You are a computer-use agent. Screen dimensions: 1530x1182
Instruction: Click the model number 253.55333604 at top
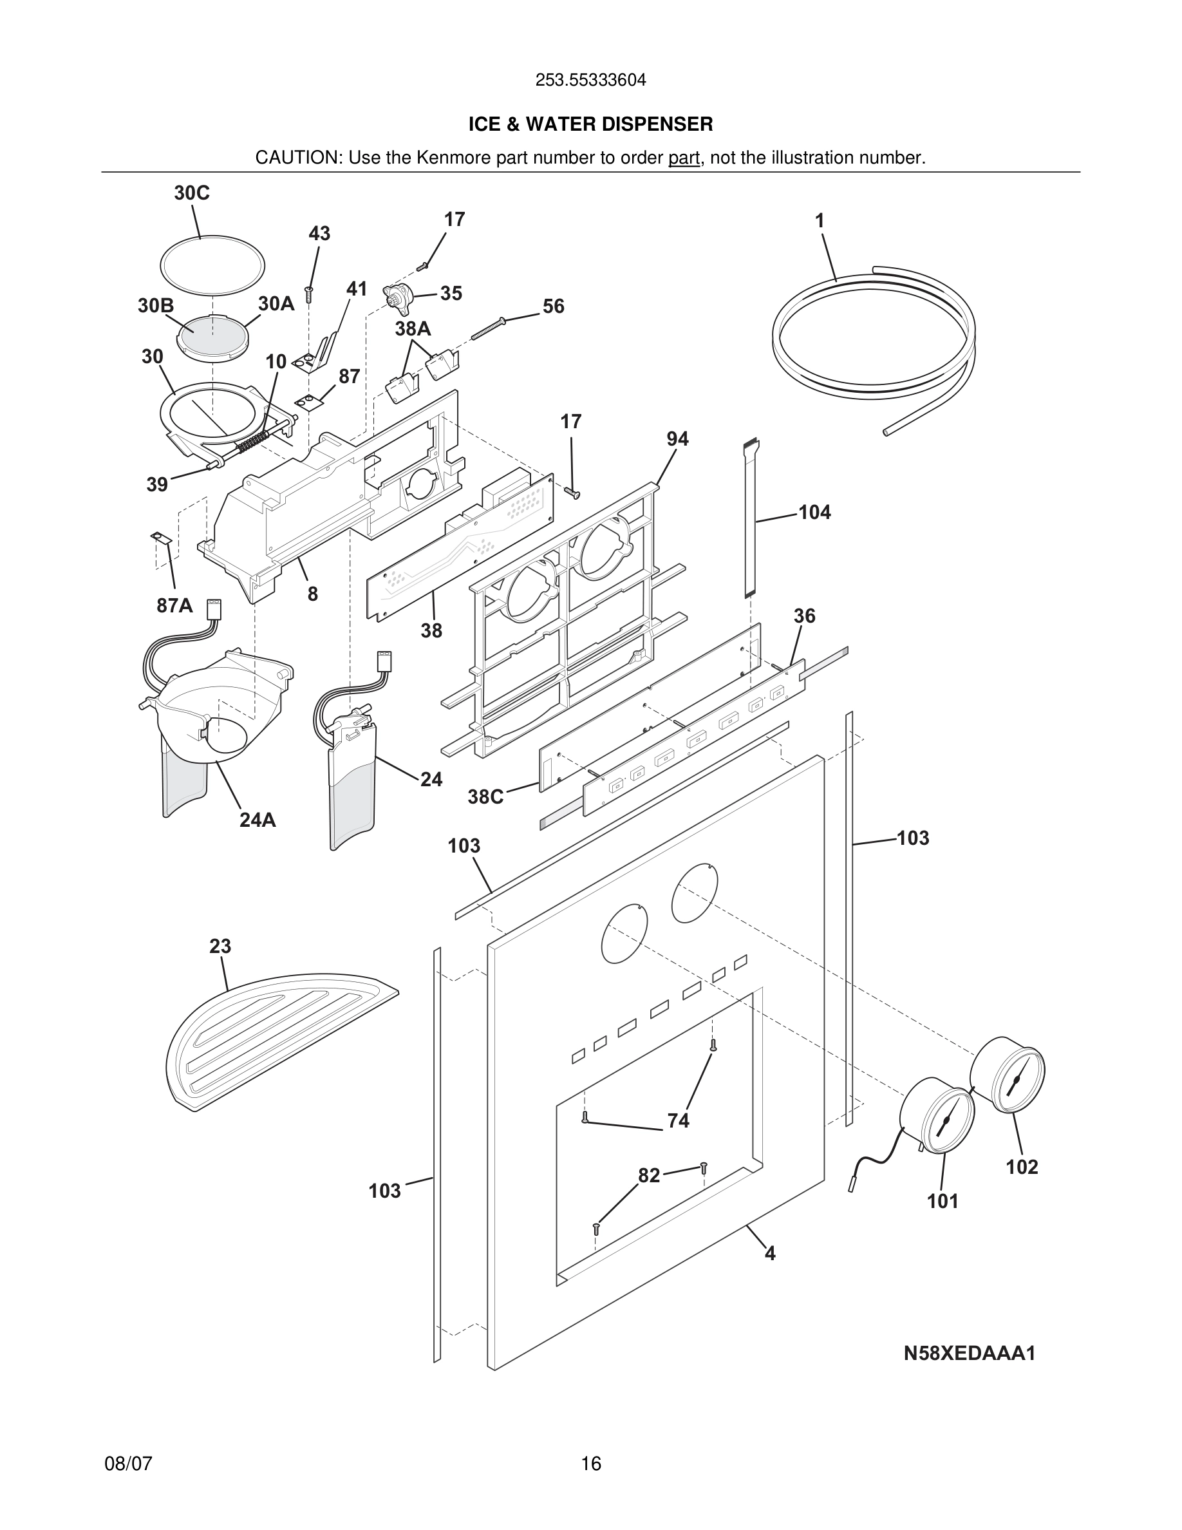click(590, 80)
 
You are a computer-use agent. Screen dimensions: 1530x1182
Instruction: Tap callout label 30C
click(191, 193)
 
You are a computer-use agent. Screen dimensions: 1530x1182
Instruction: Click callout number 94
click(677, 439)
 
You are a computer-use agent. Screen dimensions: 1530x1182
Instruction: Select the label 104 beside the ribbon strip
click(814, 513)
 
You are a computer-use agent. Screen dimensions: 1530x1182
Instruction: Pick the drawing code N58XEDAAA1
click(969, 1354)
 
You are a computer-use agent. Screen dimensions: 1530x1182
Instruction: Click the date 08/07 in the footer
click(128, 1464)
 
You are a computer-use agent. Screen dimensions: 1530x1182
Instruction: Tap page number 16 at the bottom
click(591, 1464)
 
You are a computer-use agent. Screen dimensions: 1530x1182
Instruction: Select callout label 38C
click(485, 797)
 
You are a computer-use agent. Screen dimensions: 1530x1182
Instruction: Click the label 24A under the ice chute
click(257, 820)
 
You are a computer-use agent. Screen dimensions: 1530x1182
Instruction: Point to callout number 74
click(678, 1121)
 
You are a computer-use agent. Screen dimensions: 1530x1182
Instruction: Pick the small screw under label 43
click(309, 293)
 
